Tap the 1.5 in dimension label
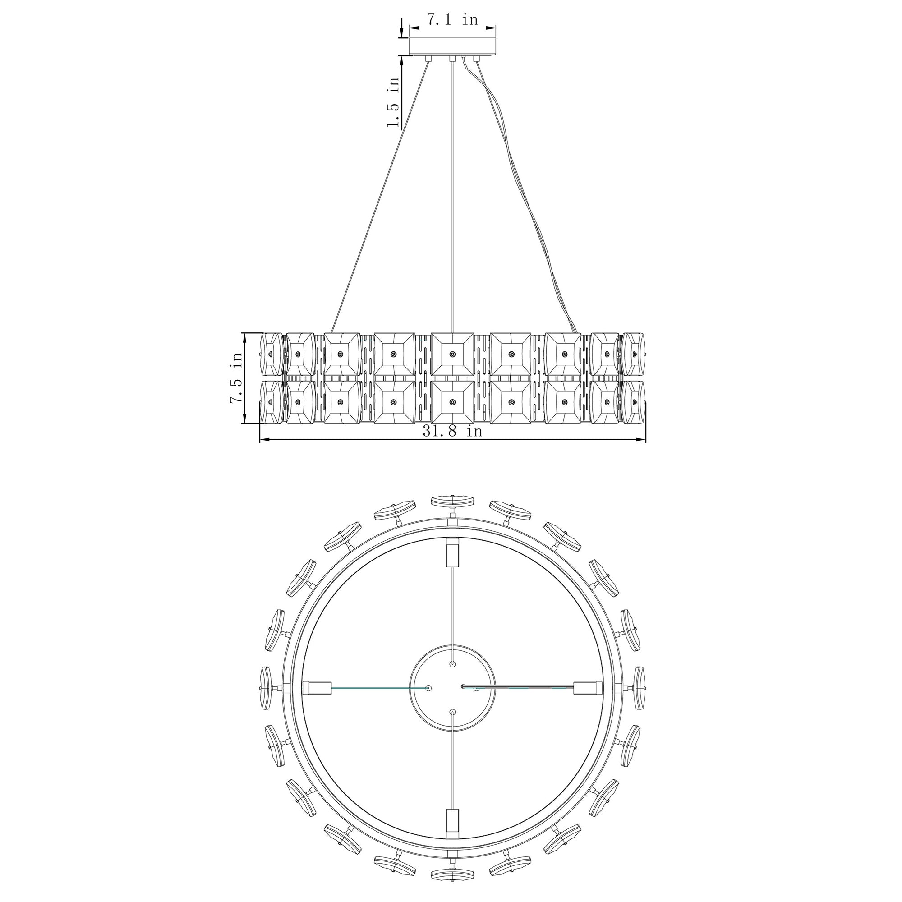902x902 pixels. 393,102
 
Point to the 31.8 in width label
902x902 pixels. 452,430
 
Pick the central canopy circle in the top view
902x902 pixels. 452,688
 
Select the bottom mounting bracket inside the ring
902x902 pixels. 452,824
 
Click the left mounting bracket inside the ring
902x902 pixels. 317,688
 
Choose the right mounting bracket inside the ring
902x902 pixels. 587,688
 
